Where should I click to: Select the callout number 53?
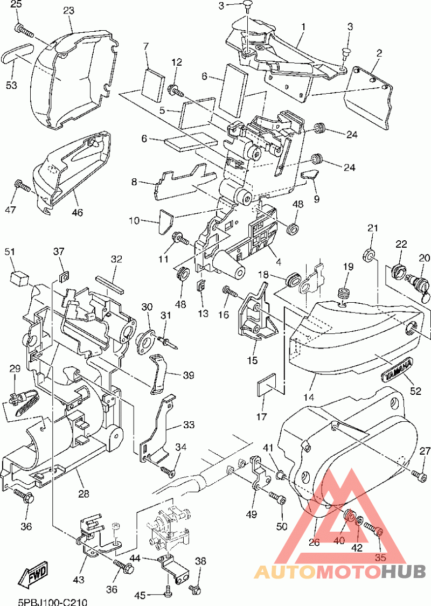12,84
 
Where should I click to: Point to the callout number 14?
309,396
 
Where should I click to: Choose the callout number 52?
415,391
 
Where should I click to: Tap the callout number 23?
68,10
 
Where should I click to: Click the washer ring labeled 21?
369,255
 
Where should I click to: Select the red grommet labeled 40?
350,516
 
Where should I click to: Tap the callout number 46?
77,212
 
